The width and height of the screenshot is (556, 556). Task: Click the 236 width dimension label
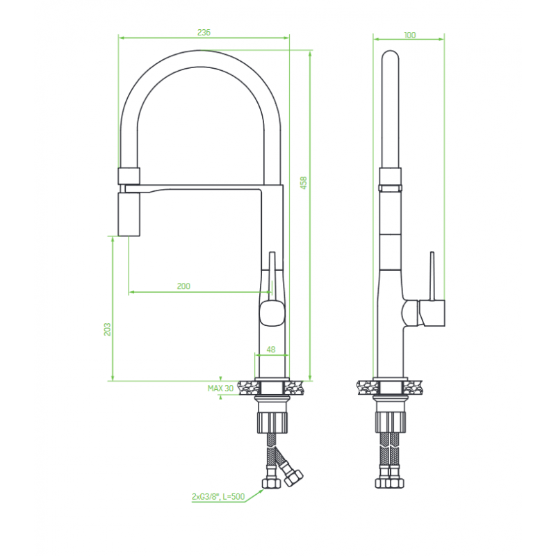[204, 32]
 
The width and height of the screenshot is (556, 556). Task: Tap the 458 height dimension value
[304, 183]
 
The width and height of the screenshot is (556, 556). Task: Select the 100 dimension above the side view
[409, 35]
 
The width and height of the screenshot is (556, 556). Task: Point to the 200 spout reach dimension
[183, 286]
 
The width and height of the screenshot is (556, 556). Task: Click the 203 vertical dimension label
[107, 329]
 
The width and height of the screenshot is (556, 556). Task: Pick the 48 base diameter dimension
[271, 350]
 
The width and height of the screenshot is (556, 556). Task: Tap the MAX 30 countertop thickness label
[220, 389]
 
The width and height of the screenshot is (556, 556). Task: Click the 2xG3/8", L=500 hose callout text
[218, 496]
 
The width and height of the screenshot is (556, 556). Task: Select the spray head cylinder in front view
[129, 214]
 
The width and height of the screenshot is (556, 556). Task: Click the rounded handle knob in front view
[272, 312]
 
